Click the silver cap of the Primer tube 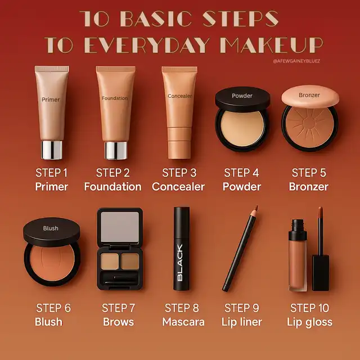click(52, 150)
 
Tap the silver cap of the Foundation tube click(116, 150)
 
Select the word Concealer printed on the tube click(180, 96)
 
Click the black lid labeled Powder click(242, 99)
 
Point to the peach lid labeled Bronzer click(310, 96)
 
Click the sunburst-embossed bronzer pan click(310, 127)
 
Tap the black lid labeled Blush click(52, 232)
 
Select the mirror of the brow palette click(120, 227)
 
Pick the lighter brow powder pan click(110, 261)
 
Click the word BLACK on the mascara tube click(180, 263)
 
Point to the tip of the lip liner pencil click(257, 206)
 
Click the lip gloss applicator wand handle click(321, 273)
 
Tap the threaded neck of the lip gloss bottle click(298, 225)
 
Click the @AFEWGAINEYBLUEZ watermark click(296, 61)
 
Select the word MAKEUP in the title click(272, 45)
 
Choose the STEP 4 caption click(241, 173)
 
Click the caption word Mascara click(183, 322)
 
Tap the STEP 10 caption click(309, 308)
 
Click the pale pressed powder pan click(242, 128)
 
